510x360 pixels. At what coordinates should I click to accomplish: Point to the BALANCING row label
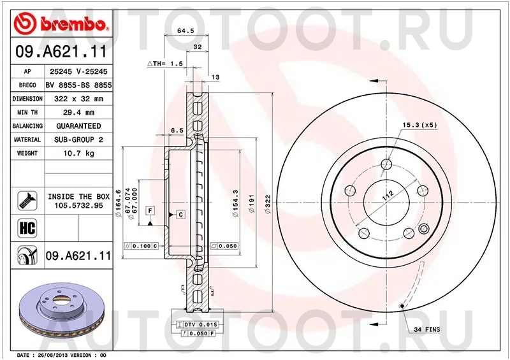click(x=27, y=126)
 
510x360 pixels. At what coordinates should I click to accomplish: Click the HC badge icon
click(x=27, y=227)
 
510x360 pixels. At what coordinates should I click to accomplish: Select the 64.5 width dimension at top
click(x=185, y=31)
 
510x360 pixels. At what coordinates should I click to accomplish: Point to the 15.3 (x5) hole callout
click(x=419, y=125)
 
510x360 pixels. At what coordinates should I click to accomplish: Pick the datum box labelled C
click(x=180, y=215)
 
